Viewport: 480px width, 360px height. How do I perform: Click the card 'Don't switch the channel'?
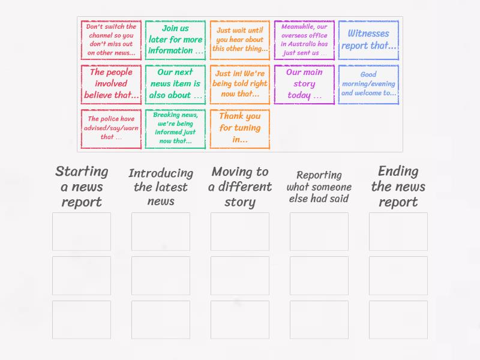click(112, 40)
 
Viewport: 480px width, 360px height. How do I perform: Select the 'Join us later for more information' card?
click(175, 40)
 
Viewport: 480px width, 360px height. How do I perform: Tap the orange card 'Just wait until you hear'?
click(240, 40)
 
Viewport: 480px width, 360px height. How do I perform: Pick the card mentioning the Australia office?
click(304, 40)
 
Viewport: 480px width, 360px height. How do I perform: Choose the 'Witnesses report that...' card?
click(368, 40)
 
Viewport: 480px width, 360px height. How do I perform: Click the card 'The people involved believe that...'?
click(112, 85)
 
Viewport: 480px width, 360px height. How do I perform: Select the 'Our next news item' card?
click(175, 85)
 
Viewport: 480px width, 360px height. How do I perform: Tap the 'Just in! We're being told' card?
click(240, 85)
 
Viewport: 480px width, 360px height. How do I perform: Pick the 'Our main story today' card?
click(304, 85)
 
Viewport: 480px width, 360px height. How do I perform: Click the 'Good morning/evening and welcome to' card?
click(368, 85)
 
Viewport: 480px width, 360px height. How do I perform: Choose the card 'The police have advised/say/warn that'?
click(112, 128)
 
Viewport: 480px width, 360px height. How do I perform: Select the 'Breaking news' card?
click(175, 128)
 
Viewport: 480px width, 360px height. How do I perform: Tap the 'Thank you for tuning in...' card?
click(240, 128)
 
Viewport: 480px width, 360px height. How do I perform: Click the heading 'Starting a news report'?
click(82, 187)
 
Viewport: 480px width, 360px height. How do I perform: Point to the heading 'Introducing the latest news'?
click(161, 187)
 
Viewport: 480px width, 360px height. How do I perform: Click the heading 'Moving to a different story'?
click(240, 187)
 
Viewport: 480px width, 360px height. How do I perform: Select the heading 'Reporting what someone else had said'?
click(319, 187)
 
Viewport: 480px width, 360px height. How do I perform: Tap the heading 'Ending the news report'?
click(398, 187)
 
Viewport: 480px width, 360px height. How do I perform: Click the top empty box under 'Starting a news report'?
click(82, 232)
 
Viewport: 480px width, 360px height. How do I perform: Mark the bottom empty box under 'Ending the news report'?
click(398, 320)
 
